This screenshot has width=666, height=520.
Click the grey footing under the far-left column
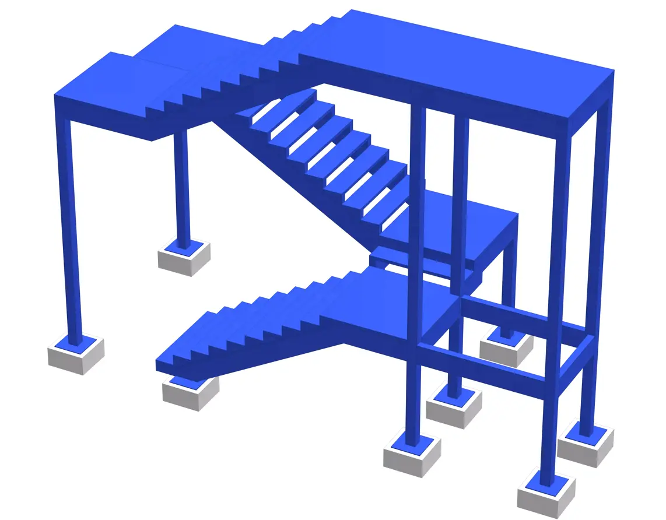[75, 357]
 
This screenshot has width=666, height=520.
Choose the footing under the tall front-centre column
[411, 458]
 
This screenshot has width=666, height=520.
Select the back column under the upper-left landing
[181, 187]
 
